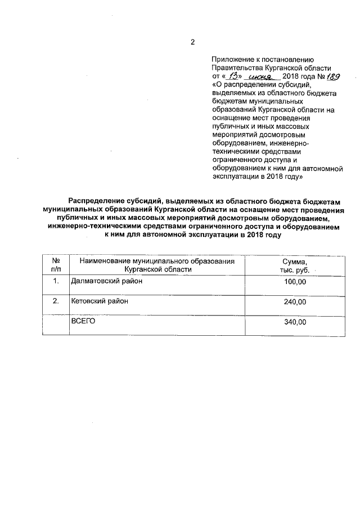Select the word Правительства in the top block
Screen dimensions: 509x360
click(x=236, y=68)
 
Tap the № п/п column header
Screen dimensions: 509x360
click(x=56, y=265)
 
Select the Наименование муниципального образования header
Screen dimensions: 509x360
click(x=156, y=261)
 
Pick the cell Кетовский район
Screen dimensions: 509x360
click(x=99, y=301)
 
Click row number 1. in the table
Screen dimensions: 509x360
click(x=56, y=281)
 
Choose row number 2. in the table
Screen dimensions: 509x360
click(x=56, y=301)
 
